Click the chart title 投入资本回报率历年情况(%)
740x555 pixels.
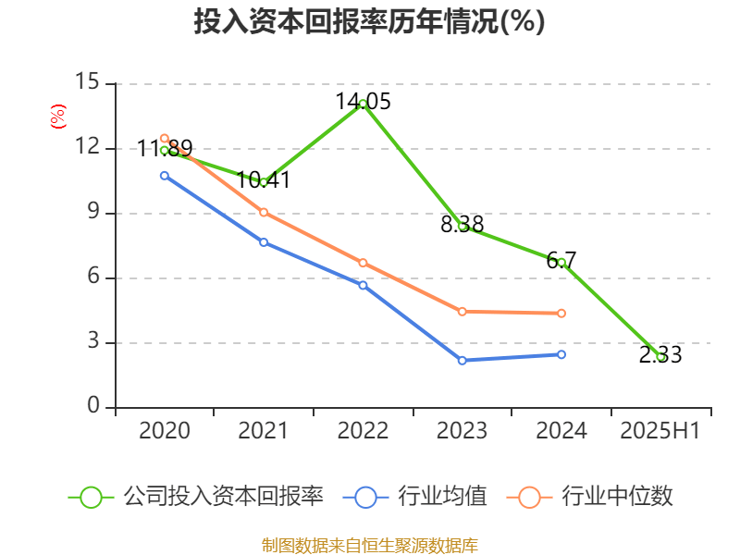click(x=369, y=22)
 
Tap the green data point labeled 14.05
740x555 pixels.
click(x=363, y=104)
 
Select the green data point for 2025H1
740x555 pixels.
click(x=660, y=356)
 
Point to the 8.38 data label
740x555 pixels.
click(x=462, y=224)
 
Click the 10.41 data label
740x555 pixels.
click(x=264, y=180)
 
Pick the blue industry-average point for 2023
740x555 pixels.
click(x=462, y=360)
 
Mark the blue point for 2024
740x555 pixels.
click(x=561, y=354)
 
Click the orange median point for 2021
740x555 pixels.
click(x=264, y=212)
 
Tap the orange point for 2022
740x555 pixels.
click(x=363, y=263)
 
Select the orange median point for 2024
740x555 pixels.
click(x=561, y=314)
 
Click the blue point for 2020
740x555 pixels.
click(x=165, y=175)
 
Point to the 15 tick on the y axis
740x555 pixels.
click(x=87, y=83)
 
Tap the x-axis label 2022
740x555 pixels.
click(x=363, y=430)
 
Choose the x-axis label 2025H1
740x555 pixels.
click(x=660, y=430)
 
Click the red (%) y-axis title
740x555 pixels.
click(x=58, y=116)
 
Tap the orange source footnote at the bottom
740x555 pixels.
click(x=370, y=545)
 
